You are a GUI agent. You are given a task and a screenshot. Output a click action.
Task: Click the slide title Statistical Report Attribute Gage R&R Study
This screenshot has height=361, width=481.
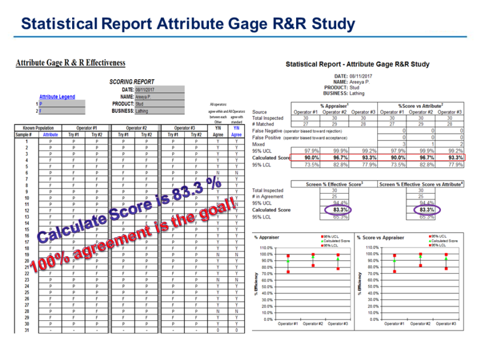point(187,24)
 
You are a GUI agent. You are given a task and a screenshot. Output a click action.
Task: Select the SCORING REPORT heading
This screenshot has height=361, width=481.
point(132,82)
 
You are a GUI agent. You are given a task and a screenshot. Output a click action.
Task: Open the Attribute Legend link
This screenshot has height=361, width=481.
point(57,97)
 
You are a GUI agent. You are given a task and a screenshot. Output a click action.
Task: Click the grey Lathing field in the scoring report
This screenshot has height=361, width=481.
point(159,111)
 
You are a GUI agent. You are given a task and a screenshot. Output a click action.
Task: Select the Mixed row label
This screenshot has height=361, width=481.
point(258,145)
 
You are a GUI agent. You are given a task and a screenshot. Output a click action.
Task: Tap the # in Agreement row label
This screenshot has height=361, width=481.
point(268,197)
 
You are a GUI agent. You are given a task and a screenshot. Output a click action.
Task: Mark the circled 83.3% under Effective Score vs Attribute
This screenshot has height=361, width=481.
point(427,210)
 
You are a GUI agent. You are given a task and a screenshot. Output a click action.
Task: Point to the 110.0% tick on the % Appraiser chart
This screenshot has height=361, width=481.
point(263,248)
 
